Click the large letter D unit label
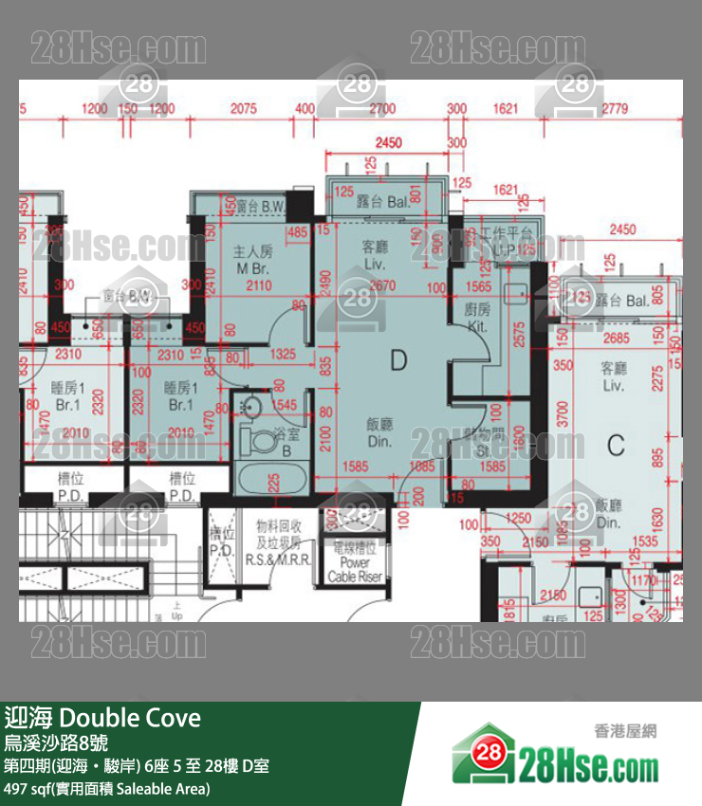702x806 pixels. pyautogui.click(x=398, y=359)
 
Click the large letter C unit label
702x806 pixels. pyautogui.click(x=616, y=443)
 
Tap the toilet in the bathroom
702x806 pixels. pyautogui.click(x=256, y=439)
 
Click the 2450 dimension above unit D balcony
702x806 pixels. pyautogui.click(x=388, y=143)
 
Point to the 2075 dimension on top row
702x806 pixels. pyautogui.click(x=244, y=109)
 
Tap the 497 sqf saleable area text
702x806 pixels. pyautogui.click(x=107, y=789)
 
